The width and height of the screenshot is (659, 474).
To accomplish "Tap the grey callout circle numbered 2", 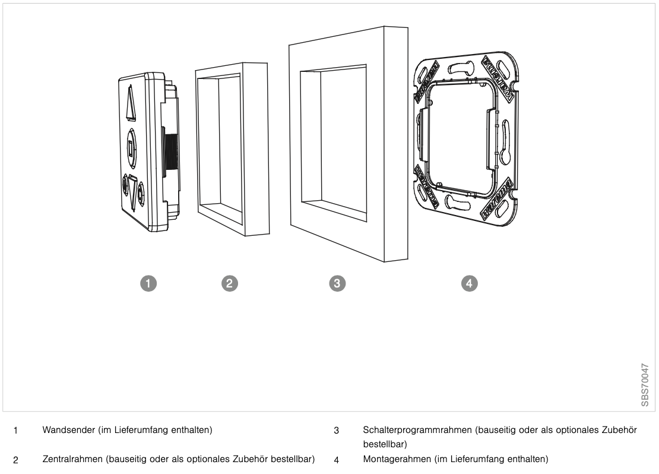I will point(229,283).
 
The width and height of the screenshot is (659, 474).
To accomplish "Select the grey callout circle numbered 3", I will point(337,283).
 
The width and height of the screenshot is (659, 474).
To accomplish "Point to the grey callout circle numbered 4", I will point(470,283).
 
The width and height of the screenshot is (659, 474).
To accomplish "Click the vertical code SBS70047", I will point(646,384).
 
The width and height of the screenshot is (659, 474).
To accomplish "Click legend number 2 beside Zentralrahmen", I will point(15,460).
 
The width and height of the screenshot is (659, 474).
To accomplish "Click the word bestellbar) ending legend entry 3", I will point(385,444).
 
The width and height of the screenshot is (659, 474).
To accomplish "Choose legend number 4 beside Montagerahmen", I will point(336,460).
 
